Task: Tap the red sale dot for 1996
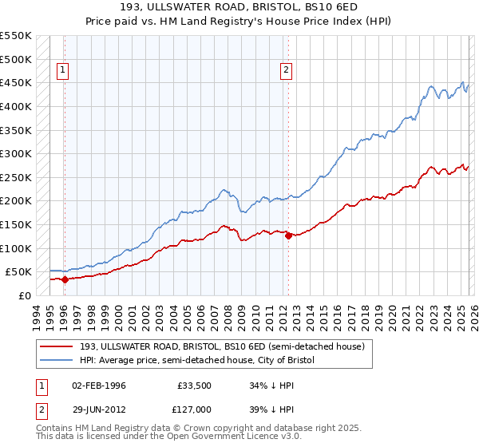(x=64, y=279)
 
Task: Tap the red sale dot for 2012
(x=288, y=235)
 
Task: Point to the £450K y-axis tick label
(x=15, y=82)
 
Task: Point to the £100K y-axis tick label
(x=15, y=248)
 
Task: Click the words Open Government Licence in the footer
(x=239, y=439)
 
